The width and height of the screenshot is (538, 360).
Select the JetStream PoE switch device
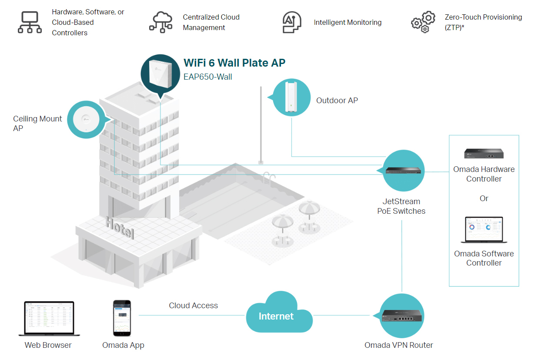click(402, 171)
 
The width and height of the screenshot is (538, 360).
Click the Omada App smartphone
click(122, 318)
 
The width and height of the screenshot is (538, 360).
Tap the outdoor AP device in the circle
click(291, 97)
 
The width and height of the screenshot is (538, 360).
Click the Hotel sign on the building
click(120, 228)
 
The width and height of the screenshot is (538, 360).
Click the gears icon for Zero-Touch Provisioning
click(423, 22)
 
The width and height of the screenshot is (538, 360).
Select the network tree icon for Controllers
click(30, 22)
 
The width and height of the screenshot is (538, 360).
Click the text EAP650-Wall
click(208, 77)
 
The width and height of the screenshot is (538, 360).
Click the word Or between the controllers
click(484, 199)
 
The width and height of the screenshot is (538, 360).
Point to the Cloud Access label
click(193, 306)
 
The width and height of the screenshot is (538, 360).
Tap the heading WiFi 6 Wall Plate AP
click(234, 63)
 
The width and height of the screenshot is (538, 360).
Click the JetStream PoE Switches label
click(401, 206)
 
